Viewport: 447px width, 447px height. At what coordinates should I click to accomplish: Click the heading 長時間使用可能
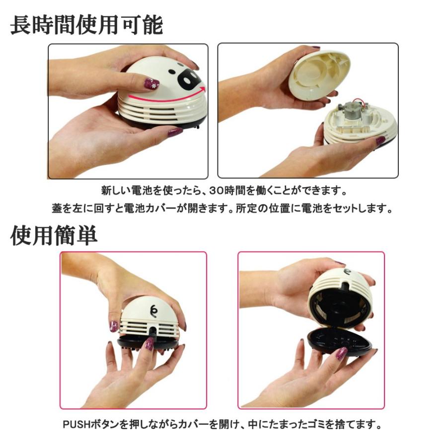(86, 25)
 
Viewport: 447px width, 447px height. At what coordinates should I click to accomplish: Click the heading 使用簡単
(54, 236)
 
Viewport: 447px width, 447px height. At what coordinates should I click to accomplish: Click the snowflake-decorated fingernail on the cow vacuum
(151, 84)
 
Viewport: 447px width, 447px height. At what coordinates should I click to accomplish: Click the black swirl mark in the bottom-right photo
(348, 272)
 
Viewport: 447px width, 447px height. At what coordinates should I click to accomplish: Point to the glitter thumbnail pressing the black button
(149, 344)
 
